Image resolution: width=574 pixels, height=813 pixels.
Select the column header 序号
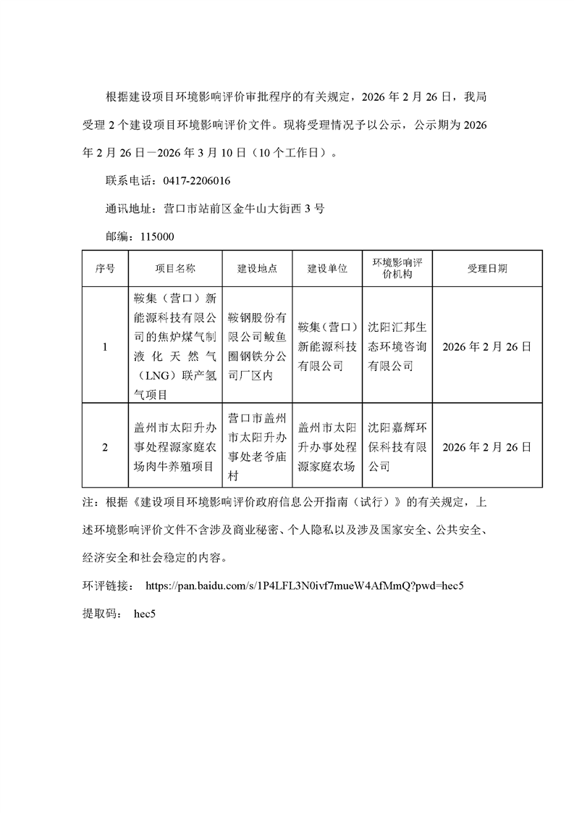pyautogui.click(x=104, y=268)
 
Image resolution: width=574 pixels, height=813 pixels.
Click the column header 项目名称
pyautogui.click(x=175, y=268)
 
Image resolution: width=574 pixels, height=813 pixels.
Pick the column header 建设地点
pyautogui.click(x=258, y=268)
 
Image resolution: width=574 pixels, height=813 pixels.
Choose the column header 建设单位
pyautogui.click(x=327, y=268)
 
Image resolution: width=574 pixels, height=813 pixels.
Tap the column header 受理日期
pyautogui.click(x=487, y=268)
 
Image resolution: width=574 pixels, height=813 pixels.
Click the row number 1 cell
pyautogui.click(x=104, y=346)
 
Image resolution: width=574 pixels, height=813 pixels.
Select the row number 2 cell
pyautogui.click(x=104, y=447)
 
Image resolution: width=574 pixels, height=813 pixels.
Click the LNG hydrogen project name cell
pyautogui.click(x=175, y=346)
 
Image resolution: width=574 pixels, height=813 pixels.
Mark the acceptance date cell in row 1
pyautogui.click(x=487, y=346)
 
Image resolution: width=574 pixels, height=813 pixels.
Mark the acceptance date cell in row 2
pyautogui.click(x=487, y=447)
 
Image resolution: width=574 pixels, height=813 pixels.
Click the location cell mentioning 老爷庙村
pyautogui.click(x=258, y=447)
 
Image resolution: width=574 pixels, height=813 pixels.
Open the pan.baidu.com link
pyautogui.click(x=304, y=585)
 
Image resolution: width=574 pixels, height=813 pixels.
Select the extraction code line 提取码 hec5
pyautogui.click(x=120, y=613)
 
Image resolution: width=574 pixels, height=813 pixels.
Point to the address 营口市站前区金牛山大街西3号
pyautogui.click(x=244, y=209)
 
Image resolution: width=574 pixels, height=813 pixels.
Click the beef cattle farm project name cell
pyautogui.click(x=175, y=447)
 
